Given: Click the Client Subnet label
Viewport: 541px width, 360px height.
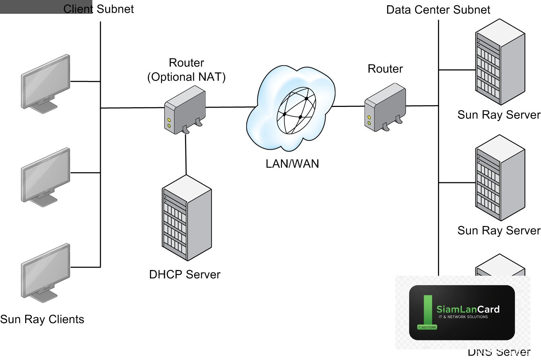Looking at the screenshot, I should point(98,9).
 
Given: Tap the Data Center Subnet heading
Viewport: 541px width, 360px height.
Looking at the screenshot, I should point(438,10).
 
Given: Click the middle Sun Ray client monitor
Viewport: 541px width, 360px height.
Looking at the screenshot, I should point(45,176).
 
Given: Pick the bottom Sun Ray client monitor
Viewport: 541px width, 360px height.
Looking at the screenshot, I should point(45,272).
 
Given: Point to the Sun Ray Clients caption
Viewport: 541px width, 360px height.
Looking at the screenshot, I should point(42,319).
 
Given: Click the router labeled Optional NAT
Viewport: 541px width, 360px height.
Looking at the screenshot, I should point(185,110).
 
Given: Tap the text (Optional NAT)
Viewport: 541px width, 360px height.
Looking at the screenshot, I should point(186,77).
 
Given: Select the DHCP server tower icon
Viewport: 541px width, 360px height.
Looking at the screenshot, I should point(186,218).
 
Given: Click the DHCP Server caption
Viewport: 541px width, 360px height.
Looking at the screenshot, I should point(185,274).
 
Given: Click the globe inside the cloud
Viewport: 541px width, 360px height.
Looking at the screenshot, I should point(296,110).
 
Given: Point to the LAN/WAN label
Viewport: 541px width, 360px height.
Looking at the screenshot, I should point(292,164).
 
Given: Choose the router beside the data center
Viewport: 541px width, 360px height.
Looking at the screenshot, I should point(385,107).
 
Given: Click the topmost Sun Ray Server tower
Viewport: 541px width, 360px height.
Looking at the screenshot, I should point(500,62).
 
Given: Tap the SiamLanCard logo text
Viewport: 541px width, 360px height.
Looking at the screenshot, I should point(468,309).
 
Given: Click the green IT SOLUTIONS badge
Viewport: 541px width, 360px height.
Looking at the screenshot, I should point(427,327).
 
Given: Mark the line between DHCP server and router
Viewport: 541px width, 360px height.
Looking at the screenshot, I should point(186,154).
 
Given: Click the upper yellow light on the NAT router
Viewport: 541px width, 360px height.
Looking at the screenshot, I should point(169,120).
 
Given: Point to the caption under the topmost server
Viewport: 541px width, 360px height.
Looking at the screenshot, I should point(499,115).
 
